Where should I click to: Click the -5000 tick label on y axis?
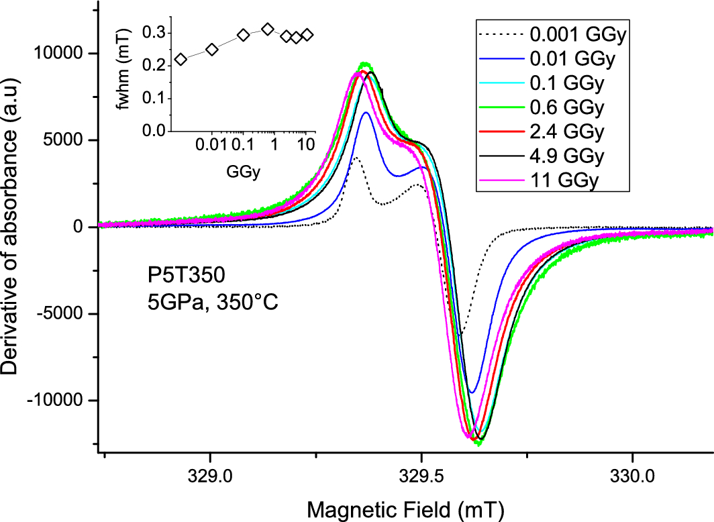pyautogui.click(x=66, y=313)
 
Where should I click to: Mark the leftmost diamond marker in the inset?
pyautogui.click(x=181, y=59)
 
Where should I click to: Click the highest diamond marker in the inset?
pyautogui.click(x=268, y=29)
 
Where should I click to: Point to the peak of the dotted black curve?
pyautogui.click(x=356, y=158)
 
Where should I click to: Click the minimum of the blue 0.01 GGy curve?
pyautogui.click(x=472, y=392)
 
